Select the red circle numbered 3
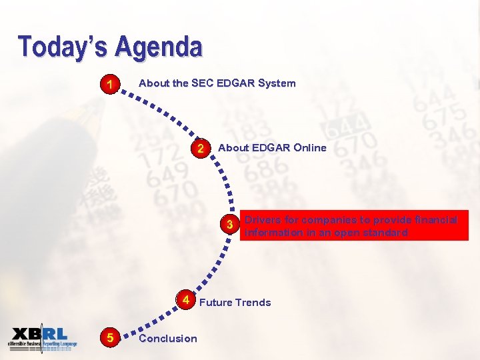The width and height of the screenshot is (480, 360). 229,225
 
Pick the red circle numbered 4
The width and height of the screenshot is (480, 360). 187,300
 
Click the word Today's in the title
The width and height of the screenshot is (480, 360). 63,47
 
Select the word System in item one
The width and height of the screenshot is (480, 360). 277,83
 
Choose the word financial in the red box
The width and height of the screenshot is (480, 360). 433,219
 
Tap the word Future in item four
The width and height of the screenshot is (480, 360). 214,303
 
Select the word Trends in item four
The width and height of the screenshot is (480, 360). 253,303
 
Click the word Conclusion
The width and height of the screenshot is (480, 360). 168,339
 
